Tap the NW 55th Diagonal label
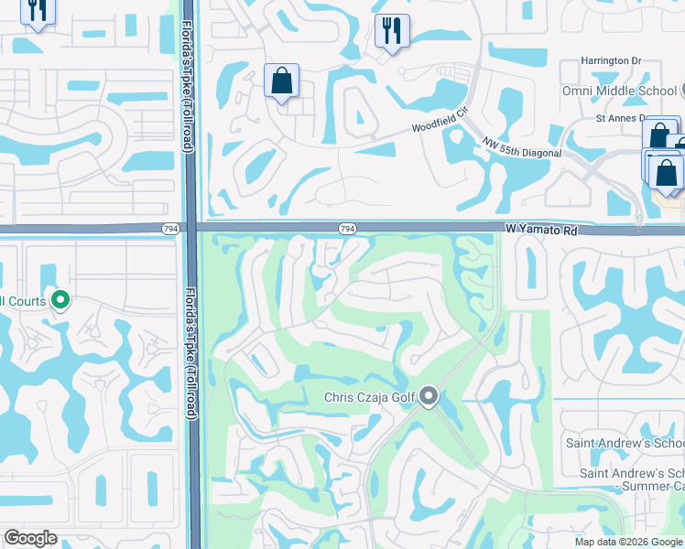pos(522,146)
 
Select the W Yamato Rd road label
pos(542,231)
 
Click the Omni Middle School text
pos(619,91)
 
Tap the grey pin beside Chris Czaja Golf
pos(429,397)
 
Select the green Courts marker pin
pos(60,299)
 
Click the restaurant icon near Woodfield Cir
pos(392,31)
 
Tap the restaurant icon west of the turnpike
pos(38,10)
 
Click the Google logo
pos(30,539)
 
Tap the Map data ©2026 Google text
pos(627,542)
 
